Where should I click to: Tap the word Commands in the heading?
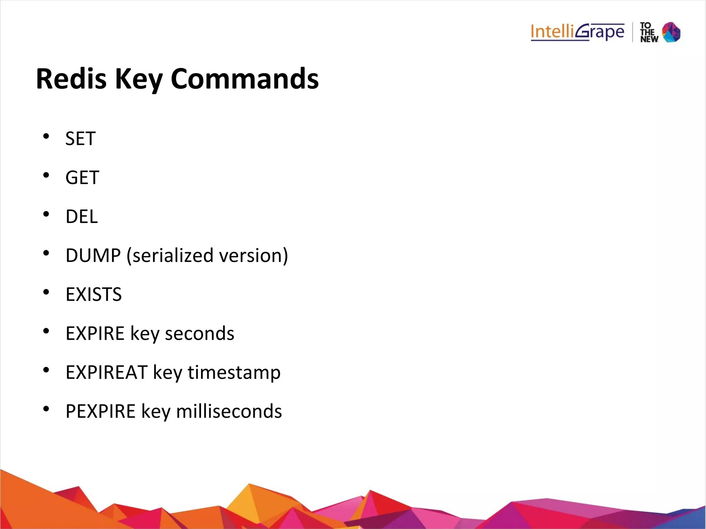tap(244, 79)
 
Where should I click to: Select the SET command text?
tap(80, 139)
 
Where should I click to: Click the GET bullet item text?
tap(82, 177)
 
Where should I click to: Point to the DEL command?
tap(82, 216)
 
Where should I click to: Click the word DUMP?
tap(93, 255)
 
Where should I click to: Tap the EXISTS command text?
tap(94, 294)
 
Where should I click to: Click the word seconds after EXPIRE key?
tap(200, 333)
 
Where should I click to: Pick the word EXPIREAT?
tap(107, 372)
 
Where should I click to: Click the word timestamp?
tap(234, 372)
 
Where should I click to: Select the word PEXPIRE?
tap(101, 411)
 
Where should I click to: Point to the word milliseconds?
tap(229, 411)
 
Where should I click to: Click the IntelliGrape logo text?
tap(577, 32)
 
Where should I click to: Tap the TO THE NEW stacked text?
tap(649, 32)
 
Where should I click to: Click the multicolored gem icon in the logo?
tap(671, 32)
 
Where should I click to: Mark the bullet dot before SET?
tap(46, 136)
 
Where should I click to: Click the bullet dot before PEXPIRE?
tap(46, 409)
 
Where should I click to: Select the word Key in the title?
tap(139, 79)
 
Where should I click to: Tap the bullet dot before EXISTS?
tap(46, 292)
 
